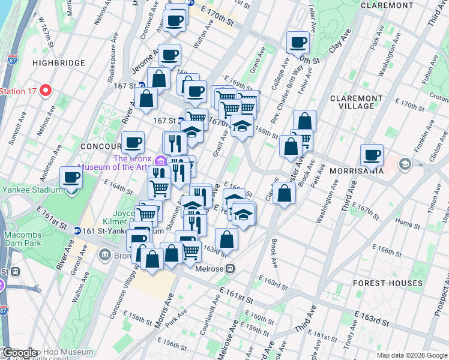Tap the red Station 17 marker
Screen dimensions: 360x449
(x=46, y=91)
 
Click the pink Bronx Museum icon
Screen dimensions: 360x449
(x=160, y=161)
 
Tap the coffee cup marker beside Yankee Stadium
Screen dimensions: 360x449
(x=71, y=178)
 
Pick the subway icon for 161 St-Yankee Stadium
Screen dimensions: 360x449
(x=77, y=230)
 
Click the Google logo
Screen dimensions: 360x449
(x=20, y=353)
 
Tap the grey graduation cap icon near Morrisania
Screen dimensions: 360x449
(x=405, y=164)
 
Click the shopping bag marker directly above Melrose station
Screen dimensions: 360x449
(x=227, y=239)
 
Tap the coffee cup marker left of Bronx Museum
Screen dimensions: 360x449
(x=133, y=143)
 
